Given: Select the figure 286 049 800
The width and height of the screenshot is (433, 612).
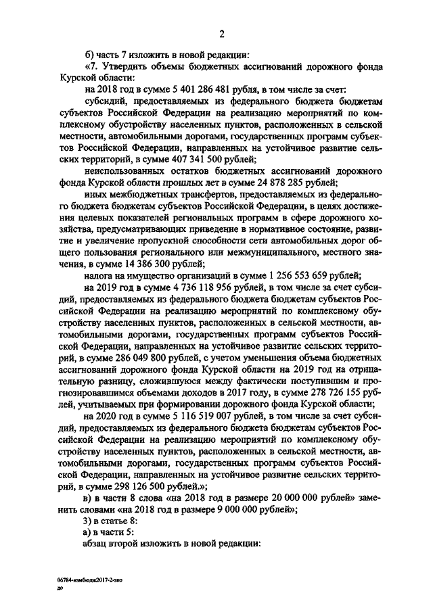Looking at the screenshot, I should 143,357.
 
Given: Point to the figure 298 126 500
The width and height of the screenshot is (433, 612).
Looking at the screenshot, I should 154,486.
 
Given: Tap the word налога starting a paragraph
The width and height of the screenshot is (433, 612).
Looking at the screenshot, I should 99,275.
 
